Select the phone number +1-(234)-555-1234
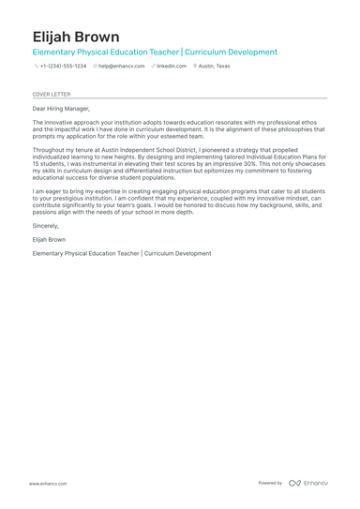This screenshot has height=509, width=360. click(x=63, y=67)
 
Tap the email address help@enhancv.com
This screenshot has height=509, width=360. click(x=122, y=67)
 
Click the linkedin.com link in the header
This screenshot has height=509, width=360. click(x=172, y=67)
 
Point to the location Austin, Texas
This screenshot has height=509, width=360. click(x=214, y=67)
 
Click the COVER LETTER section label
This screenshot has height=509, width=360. click(x=51, y=95)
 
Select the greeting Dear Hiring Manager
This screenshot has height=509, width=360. click(x=62, y=109)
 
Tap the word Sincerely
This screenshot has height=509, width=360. click(x=45, y=226)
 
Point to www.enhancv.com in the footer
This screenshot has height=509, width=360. click(x=48, y=484)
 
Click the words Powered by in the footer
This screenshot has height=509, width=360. click(x=270, y=483)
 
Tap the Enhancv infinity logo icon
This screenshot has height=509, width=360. click(x=294, y=483)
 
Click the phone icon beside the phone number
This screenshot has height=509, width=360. click(x=36, y=67)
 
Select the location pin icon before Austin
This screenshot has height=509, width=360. click(x=195, y=67)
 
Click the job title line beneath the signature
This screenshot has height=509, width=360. click(x=121, y=253)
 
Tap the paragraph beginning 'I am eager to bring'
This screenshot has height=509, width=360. click(x=178, y=202)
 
